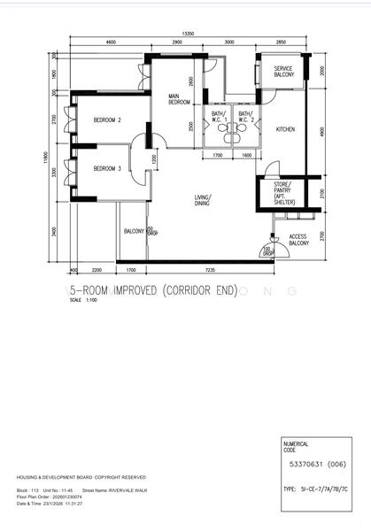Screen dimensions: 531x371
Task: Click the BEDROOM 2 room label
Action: click(106, 119)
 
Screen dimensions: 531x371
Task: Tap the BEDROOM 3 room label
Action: click(106, 168)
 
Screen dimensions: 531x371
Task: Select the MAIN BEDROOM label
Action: click(180, 99)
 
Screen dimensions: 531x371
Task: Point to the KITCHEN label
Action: click(285, 130)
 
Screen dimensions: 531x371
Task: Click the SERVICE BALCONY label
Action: click(283, 72)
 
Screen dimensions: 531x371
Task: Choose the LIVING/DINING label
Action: click(204, 201)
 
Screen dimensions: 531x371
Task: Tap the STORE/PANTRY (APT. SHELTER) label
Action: click(283, 194)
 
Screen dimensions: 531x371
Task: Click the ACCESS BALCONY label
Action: click(298, 239)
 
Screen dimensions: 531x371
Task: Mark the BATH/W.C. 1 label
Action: click(218, 117)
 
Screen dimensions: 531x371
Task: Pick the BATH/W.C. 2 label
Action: click(245, 117)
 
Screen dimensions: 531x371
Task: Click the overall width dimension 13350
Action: click(189, 34)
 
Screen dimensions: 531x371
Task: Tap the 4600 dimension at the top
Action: click(110, 42)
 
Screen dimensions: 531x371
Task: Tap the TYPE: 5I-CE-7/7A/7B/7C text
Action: click(314, 487)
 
